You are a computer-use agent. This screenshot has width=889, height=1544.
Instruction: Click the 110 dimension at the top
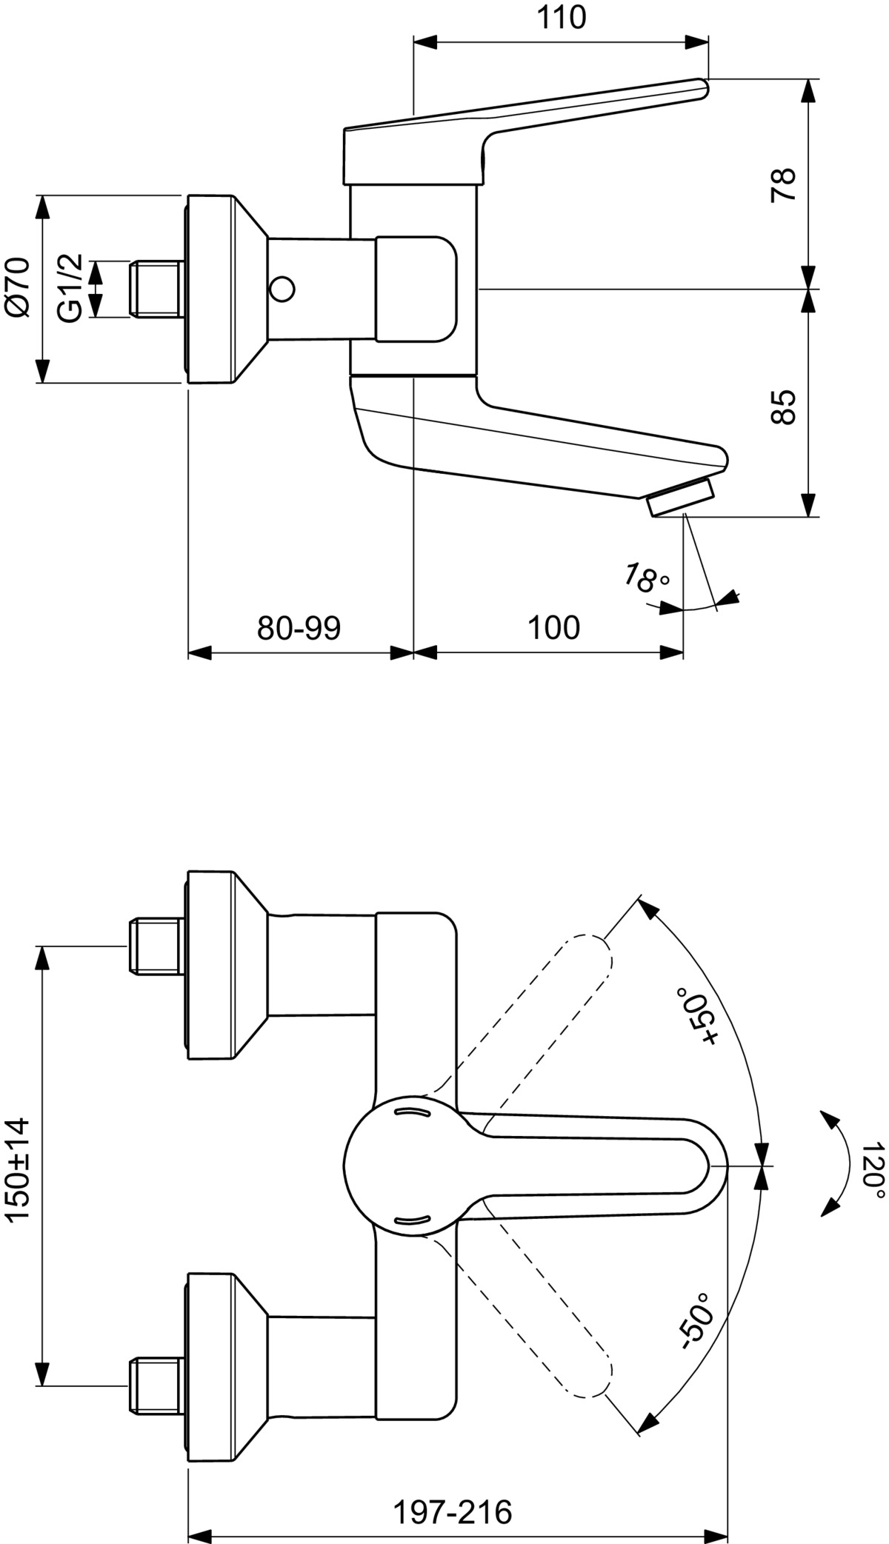coord(561,17)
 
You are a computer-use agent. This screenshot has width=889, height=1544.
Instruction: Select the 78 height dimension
coord(783,184)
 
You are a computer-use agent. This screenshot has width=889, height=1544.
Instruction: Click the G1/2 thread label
coord(70,288)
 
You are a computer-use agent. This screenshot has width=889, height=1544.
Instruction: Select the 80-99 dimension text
coord(299,628)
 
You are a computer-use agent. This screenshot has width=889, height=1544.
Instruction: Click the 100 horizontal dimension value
coord(553,628)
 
